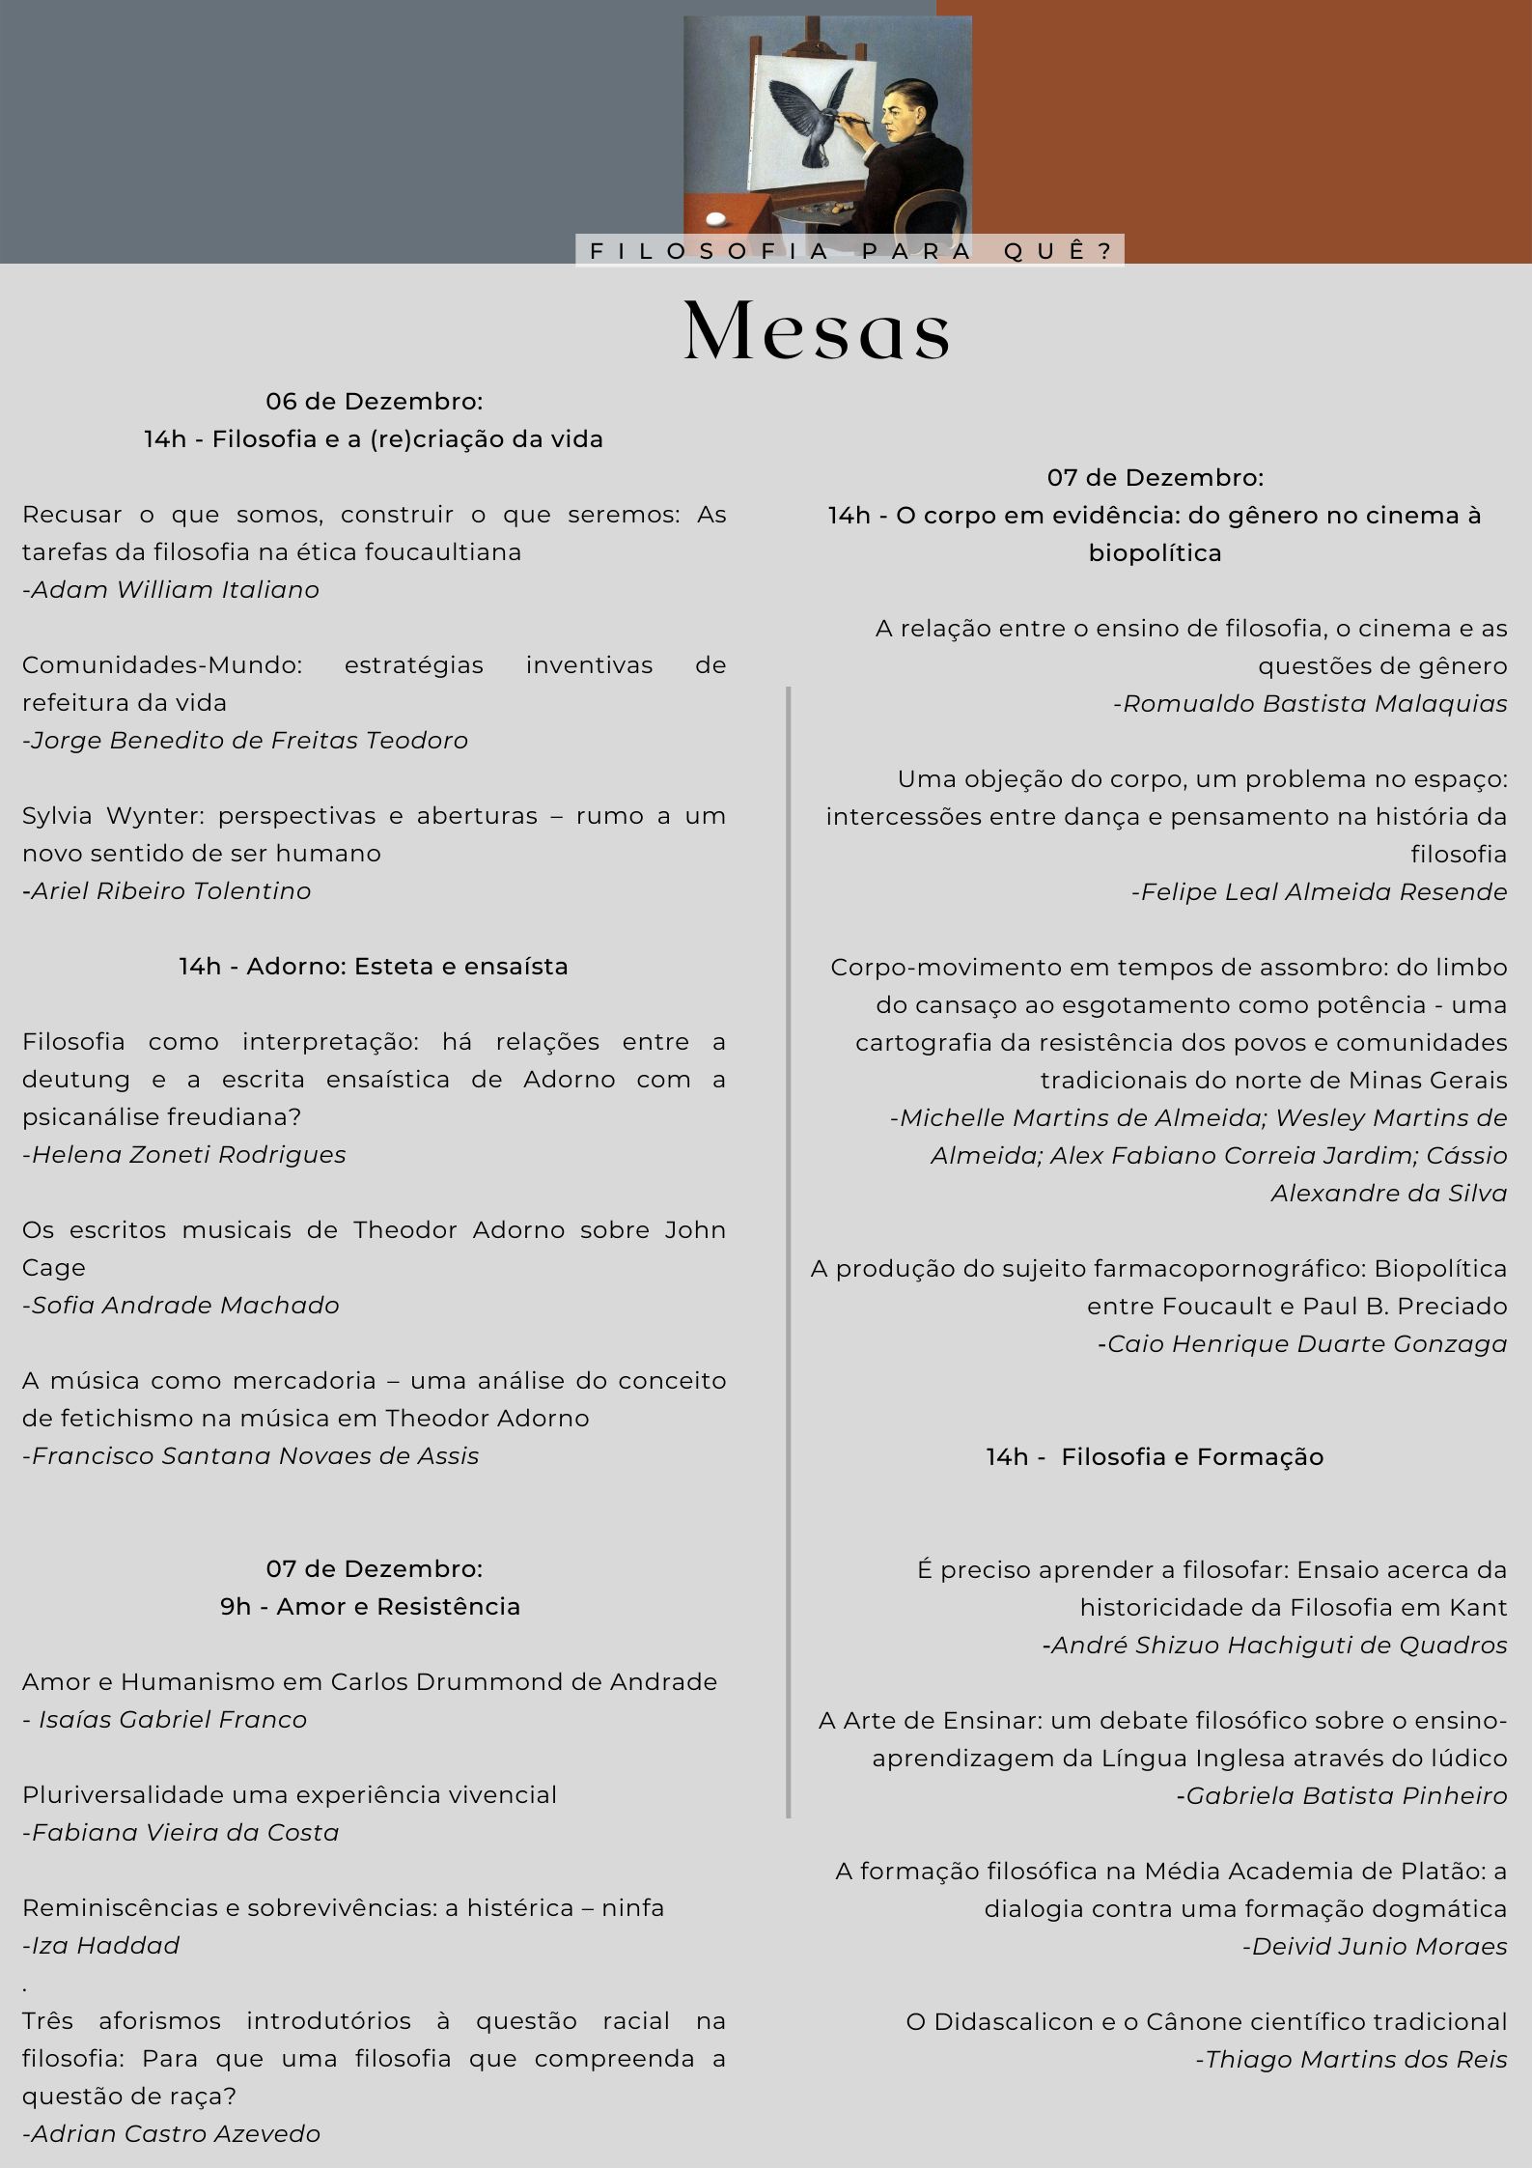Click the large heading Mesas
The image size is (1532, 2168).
click(x=817, y=330)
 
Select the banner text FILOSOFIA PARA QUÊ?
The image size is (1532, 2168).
click(x=850, y=251)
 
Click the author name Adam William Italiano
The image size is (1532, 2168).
click(x=171, y=590)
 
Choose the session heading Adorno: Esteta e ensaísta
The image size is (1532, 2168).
click(x=374, y=967)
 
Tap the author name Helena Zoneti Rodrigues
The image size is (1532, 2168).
click(x=184, y=1155)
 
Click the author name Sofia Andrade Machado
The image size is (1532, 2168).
click(x=181, y=1306)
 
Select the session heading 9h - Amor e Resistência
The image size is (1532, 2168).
click(x=371, y=1606)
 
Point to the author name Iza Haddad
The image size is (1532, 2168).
click(x=101, y=1945)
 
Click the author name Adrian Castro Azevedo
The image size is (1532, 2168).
click(x=172, y=2133)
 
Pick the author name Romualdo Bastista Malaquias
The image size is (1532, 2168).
click(x=1310, y=704)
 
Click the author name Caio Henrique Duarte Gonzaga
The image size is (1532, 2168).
click(x=1302, y=1344)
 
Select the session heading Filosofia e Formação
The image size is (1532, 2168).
click(x=1155, y=1457)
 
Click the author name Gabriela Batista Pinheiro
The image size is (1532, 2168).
click(x=1342, y=1796)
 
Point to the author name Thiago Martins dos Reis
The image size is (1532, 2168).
click(x=1351, y=2060)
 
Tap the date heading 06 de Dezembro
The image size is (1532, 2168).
click(x=375, y=402)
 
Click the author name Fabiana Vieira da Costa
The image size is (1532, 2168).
click(x=181, y=1833)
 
